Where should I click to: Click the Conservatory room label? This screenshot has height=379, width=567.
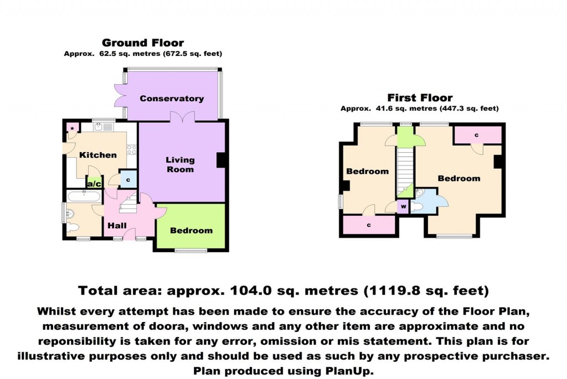pyautogui.click(x=172, y=98)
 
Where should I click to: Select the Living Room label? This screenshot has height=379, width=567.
pyautogui.click(x=180, y=164)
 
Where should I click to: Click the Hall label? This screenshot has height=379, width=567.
pyautogui.click(x=117, y=226)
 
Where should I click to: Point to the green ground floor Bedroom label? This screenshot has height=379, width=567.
pyautogui.click(x=191, y=231)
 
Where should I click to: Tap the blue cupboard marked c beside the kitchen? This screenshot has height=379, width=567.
pyautogui.click(x=129, y=179)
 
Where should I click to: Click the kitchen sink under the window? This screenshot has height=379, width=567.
pyautogui.click(x=102, y=127)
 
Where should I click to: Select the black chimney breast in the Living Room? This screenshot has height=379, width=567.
pyautogui.click(x=220, y=159)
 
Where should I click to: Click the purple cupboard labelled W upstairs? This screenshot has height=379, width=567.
pyautogui.click(x=404, y=207)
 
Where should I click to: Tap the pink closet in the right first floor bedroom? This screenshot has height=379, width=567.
pyautogui.click(x=477, y=135)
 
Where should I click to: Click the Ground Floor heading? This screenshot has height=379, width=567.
pyautogui.click(x=143, y=43)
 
